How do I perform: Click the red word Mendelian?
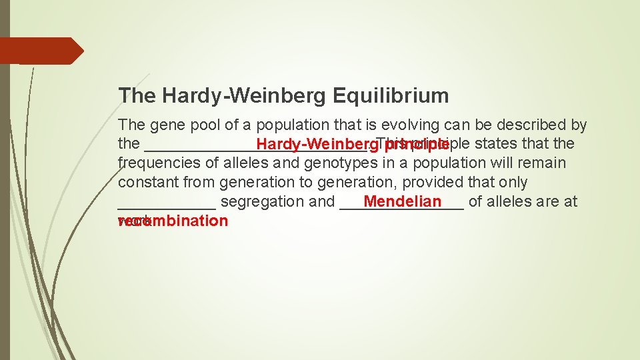403,202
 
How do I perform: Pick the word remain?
543,163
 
